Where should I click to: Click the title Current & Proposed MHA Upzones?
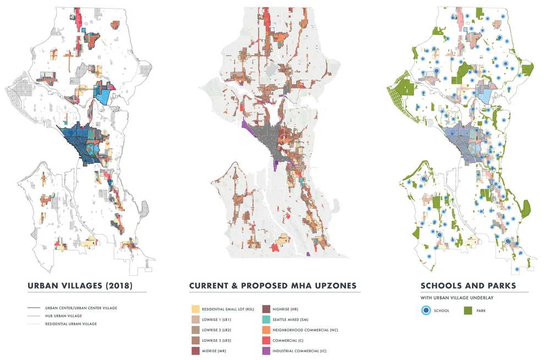pyautogui.click(x=273, y=286)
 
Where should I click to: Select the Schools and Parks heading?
pyautogui.click(x=468, y=286)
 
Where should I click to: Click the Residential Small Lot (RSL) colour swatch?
pyautogui.click(x=195, y=310)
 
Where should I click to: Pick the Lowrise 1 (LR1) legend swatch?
pyautogui.click(x=195, y=320)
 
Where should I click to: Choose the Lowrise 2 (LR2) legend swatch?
pyautogui.click(x=195, y=330)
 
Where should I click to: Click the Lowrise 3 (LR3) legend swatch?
pyautogui.click(x=195, y=340)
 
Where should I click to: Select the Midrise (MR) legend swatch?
pyautogui.click(x=195, y=350)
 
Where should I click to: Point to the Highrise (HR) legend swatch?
pyautogui.click(x=267, y=310)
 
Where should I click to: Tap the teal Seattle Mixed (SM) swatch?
pyautogui.click(x=267, y=320)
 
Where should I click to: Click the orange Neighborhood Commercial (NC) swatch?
pyautogui.click(x=267, y=330)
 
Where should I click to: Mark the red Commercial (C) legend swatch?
pyautogui.click(x=267, y=340)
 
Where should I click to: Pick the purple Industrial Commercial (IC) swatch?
pyautogui.click(x=267, y=350)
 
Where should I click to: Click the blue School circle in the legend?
pyautogui.click(x=427, y=310)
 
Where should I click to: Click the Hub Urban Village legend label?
pyautogui.click(x=63, y=316)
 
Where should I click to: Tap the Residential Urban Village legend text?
pyautogui.click(x=70, y=324)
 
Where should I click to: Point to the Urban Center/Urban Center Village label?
pyautogui.click(x=81, y=308)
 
